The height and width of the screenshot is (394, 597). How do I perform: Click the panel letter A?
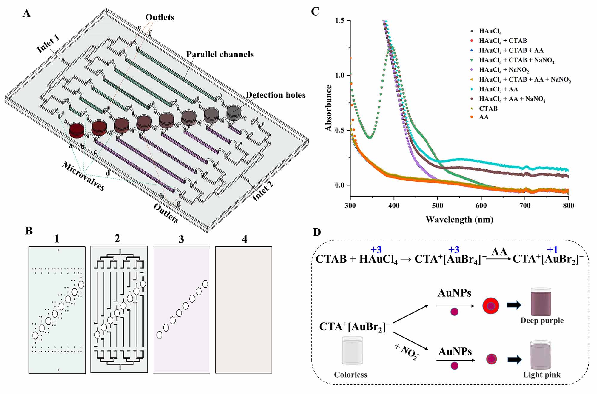(27, 13)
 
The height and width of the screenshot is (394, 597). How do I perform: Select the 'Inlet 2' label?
(263, 191)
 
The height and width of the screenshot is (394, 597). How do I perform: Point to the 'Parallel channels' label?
(220, 54)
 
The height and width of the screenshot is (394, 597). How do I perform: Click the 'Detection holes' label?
(275, 95)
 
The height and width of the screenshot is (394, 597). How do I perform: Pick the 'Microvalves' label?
(83, 176)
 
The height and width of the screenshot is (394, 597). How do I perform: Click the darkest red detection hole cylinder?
(76, 131)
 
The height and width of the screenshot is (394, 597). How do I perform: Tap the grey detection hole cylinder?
(234, 112)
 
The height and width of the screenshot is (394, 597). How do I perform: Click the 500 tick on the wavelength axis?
(438, 206)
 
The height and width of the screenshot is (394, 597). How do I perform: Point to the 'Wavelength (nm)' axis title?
(459, 220)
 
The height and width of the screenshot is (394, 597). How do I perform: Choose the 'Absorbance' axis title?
(329, 108)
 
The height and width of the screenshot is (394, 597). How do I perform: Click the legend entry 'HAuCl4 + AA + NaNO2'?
(512, 99)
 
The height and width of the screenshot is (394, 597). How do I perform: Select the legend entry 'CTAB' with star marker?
(488, 108)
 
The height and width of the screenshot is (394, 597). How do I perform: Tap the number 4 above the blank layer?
(244, 239)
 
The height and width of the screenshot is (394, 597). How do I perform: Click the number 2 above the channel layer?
(117, 238)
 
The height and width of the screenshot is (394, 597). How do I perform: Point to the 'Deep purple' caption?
(542, 321)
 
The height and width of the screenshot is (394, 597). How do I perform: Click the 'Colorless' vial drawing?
(352, 351)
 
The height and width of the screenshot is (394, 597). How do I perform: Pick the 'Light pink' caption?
(541, 375)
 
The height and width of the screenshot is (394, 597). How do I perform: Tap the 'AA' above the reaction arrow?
(499, 252)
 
